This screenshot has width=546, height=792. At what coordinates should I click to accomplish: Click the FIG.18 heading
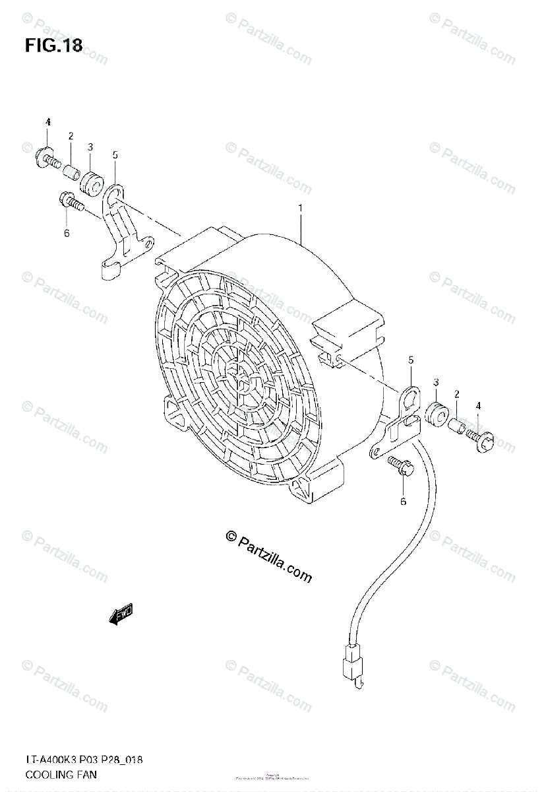click(x=53, y=46)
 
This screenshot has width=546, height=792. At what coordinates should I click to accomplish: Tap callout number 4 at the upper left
click(x=47, y=123)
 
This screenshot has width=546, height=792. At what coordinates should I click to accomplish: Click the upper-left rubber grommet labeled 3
click(x=90, y=179)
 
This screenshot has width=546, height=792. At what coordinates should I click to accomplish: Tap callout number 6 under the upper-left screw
click(x=67, y=232)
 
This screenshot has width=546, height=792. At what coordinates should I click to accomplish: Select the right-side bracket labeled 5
click(x=398, y=422)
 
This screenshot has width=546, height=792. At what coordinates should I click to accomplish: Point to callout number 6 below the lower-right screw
click(x=403, y=501)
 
